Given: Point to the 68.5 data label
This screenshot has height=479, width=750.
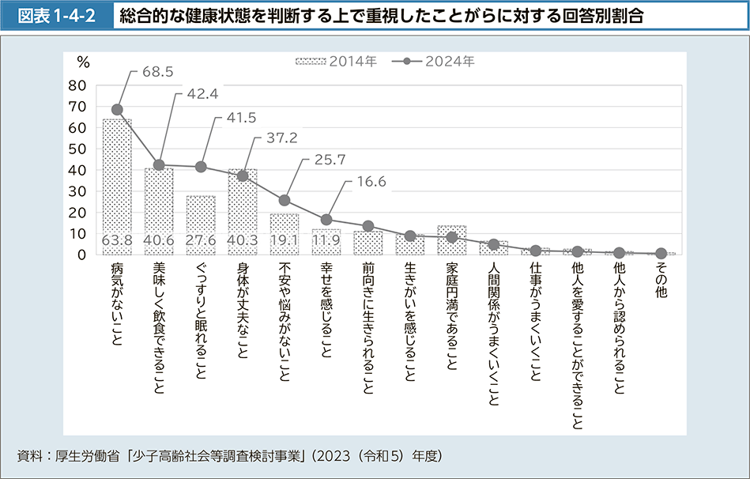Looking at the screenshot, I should click(x=157, y=72).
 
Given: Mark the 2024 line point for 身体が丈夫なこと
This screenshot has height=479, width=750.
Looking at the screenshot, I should click(x=243, y=175).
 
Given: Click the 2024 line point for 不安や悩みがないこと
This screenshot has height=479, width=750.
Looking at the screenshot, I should click(x=285, y=200).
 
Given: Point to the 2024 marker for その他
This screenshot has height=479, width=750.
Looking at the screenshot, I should click(x=661, y=253).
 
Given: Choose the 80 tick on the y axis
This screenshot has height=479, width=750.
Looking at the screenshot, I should click(x=77, y=85).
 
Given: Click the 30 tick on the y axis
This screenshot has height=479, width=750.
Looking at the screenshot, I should click(x=77, y=191).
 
